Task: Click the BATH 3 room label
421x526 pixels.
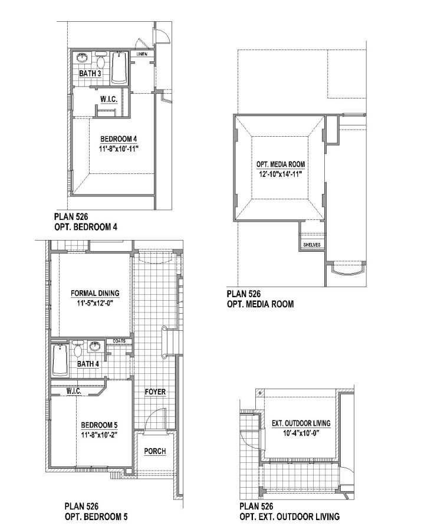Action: [90, 73]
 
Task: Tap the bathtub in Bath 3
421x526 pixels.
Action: [120, 67]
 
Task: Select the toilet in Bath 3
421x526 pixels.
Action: [101, 60]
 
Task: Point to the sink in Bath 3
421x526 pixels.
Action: [82, 58]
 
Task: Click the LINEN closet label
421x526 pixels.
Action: [142, 54]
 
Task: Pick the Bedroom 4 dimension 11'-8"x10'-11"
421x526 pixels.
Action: [119, 149]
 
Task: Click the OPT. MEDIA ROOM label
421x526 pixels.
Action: [281, 165]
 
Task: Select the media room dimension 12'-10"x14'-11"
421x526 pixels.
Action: [281, 174]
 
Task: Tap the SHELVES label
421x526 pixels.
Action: [312, 245]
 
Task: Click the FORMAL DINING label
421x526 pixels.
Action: [95, 293]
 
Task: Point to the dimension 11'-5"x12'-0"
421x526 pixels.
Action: [96, 303]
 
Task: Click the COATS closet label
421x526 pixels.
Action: [119, 341]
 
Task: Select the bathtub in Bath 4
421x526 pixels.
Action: [60, 360]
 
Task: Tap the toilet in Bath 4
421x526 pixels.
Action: [78, 349]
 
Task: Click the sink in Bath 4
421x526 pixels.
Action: [96, 346]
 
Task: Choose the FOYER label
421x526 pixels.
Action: [155, 392]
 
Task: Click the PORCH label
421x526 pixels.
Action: [155, 451]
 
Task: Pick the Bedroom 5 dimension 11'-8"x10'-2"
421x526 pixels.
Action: [99, 435]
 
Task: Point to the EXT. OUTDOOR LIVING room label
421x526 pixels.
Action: [301, 423]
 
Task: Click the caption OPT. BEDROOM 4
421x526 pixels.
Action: [86, 227]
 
